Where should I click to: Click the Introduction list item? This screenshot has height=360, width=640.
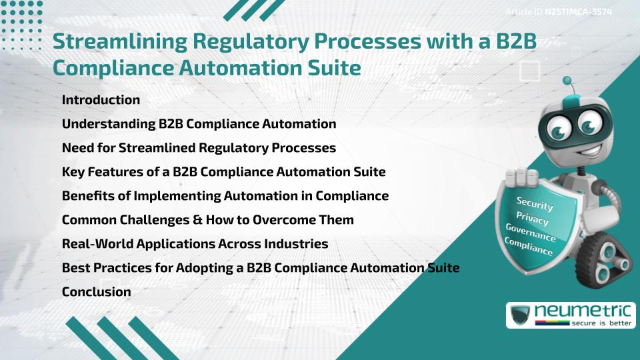[101, 100]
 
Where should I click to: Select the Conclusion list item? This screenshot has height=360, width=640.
[96, 292]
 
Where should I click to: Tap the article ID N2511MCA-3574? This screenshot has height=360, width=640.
[578, 12]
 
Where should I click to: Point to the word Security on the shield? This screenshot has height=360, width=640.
[535, 204]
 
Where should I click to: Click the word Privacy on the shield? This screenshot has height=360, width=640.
[531, 219]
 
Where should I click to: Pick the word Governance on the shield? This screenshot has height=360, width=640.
[531, 234]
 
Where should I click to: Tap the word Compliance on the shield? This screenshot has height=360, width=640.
[529, 247]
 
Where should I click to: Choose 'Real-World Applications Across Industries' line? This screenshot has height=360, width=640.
[195, 244]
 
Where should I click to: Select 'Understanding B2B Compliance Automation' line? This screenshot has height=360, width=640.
[199, 124]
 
